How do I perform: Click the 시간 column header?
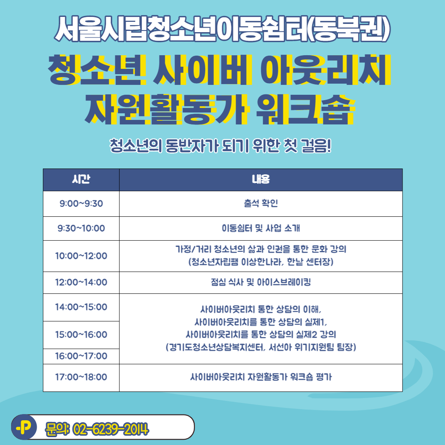coord(81,179)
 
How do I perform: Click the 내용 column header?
coord(261,179)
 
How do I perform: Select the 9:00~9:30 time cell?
coord(81,204)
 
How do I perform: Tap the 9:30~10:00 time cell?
coord(81,228)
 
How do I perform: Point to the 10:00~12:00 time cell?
coord(81,256)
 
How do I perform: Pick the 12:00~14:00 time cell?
coord(81,282)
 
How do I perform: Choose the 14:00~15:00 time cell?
coord(81,307)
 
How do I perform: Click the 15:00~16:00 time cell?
coord(81,335)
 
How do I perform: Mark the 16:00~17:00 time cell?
coord(81,356)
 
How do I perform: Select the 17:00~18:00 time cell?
coord(81,377)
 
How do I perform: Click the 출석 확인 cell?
coord(261,203)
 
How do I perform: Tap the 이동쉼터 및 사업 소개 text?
coord(261,228)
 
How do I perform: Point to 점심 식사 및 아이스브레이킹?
coord(261,282)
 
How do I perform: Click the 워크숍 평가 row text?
coord(261,377)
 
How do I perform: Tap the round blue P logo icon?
coord(24,427)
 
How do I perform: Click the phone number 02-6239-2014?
coord(111,429)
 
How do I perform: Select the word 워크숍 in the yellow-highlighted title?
coord(305,109)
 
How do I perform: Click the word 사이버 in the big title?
coord(202,70)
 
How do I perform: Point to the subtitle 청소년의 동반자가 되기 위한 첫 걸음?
coord(220,146)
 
